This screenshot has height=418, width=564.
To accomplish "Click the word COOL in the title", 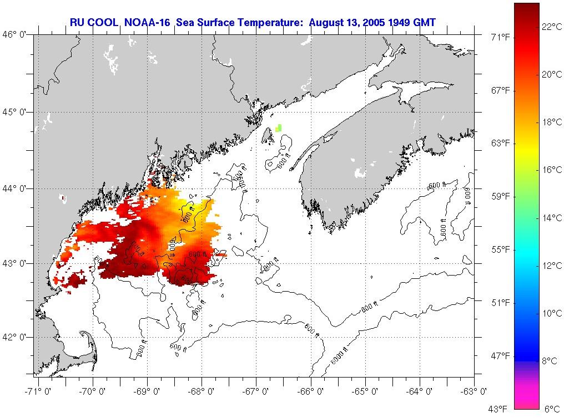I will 104,23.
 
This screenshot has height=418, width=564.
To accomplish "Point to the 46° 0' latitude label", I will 17,34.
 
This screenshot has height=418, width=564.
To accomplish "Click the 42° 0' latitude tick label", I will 17,337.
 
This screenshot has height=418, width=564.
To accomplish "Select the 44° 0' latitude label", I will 17,188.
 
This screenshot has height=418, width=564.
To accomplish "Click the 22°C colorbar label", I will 551,27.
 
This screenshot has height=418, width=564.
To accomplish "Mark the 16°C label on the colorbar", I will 551,170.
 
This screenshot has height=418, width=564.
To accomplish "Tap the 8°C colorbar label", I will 549,361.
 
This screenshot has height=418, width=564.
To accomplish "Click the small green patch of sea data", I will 279,128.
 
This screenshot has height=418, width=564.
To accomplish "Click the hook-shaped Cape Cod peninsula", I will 88,343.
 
